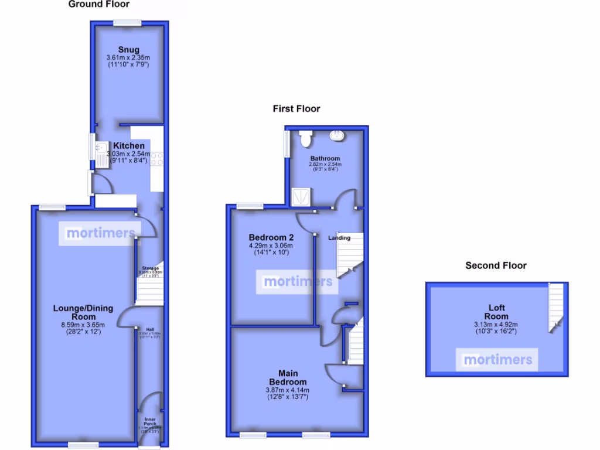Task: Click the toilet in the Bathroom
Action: point(305,138)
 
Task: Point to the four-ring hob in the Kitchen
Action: point(156,159)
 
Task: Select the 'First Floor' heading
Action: point(296,108)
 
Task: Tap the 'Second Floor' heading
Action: point(496,265)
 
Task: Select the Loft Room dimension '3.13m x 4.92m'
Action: point(496,325)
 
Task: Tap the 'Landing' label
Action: point(339,238)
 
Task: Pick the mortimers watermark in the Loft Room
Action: point(497,360)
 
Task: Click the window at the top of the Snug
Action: point(128,23)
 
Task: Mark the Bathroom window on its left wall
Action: point(286,144)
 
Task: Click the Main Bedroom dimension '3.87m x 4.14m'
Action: point(288,390)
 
